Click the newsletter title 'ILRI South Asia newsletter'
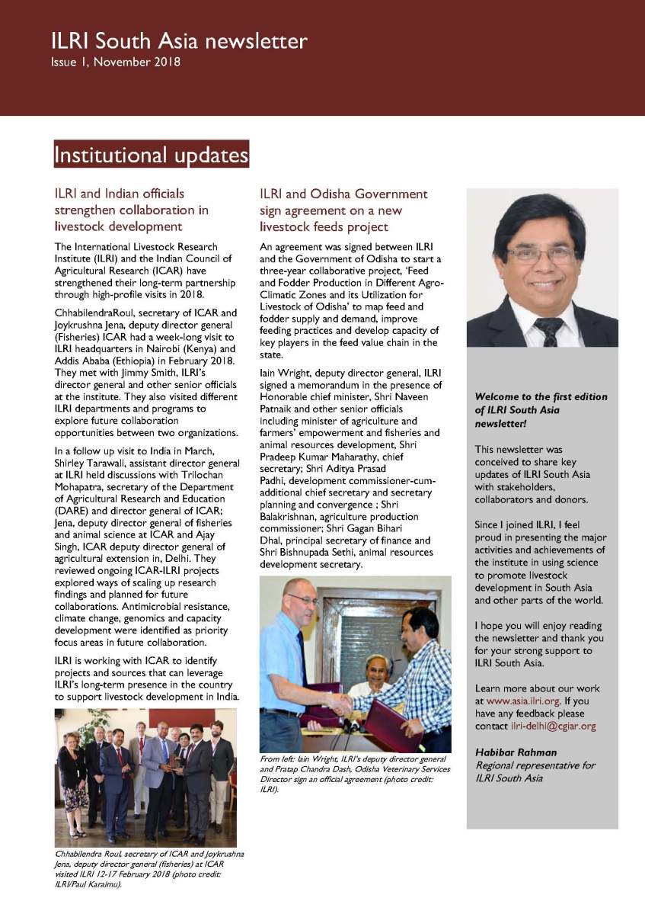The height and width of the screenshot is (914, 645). click(179, 40)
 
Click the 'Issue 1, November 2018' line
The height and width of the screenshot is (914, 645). click(116, 62)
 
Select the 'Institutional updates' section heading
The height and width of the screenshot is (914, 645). click(151, 155)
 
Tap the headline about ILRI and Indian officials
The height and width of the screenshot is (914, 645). click(131, 210)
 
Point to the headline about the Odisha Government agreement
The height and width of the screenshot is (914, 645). click(343, 210)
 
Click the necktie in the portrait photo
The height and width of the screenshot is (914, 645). click(548, 329)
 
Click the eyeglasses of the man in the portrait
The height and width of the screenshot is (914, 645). click(541, 255)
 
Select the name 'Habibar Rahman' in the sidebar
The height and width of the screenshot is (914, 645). click(516, 752)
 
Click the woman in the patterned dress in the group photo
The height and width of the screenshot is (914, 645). click(72, 778)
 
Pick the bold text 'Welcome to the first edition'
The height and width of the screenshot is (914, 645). click(541, 397)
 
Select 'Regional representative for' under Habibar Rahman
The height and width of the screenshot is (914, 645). click(535, 765)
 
